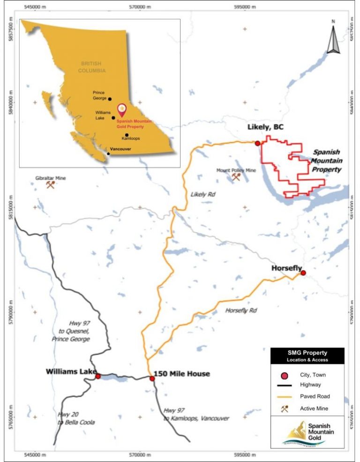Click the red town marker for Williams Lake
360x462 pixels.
98,376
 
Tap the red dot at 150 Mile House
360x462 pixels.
152,379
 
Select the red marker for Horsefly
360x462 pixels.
303,273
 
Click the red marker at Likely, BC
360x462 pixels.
257,143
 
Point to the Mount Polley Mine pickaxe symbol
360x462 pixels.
236,177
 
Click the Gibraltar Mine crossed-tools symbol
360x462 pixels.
50,185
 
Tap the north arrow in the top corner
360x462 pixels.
333,37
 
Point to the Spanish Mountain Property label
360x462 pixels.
326,161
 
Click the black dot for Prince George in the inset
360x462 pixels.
110,99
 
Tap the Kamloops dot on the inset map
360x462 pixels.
127,135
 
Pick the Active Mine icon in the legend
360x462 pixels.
284,409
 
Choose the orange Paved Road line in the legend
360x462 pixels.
284,396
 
